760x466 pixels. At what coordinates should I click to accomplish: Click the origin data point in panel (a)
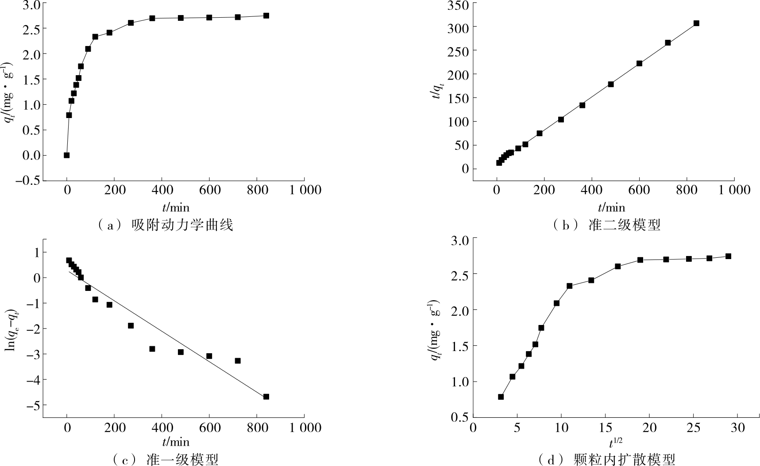(67, 155)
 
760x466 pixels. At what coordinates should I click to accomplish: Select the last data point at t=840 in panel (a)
(266, 15)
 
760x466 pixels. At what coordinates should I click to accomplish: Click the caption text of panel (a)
(166, 225)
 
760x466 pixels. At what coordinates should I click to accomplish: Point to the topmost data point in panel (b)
(696, 23)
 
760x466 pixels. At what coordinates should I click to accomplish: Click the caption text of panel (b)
(607, 225)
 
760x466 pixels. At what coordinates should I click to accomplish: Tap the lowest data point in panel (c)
(266, 397)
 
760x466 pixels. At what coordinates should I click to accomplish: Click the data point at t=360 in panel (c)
(152, 349)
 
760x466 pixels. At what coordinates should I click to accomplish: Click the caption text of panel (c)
(166, 460)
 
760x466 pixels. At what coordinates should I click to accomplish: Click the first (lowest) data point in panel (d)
(501, 397)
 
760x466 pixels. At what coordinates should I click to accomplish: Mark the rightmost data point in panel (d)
(728, 256)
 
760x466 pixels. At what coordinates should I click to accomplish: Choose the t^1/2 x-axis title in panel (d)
(613, 442)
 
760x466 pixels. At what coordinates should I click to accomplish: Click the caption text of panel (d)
(607, 460)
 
